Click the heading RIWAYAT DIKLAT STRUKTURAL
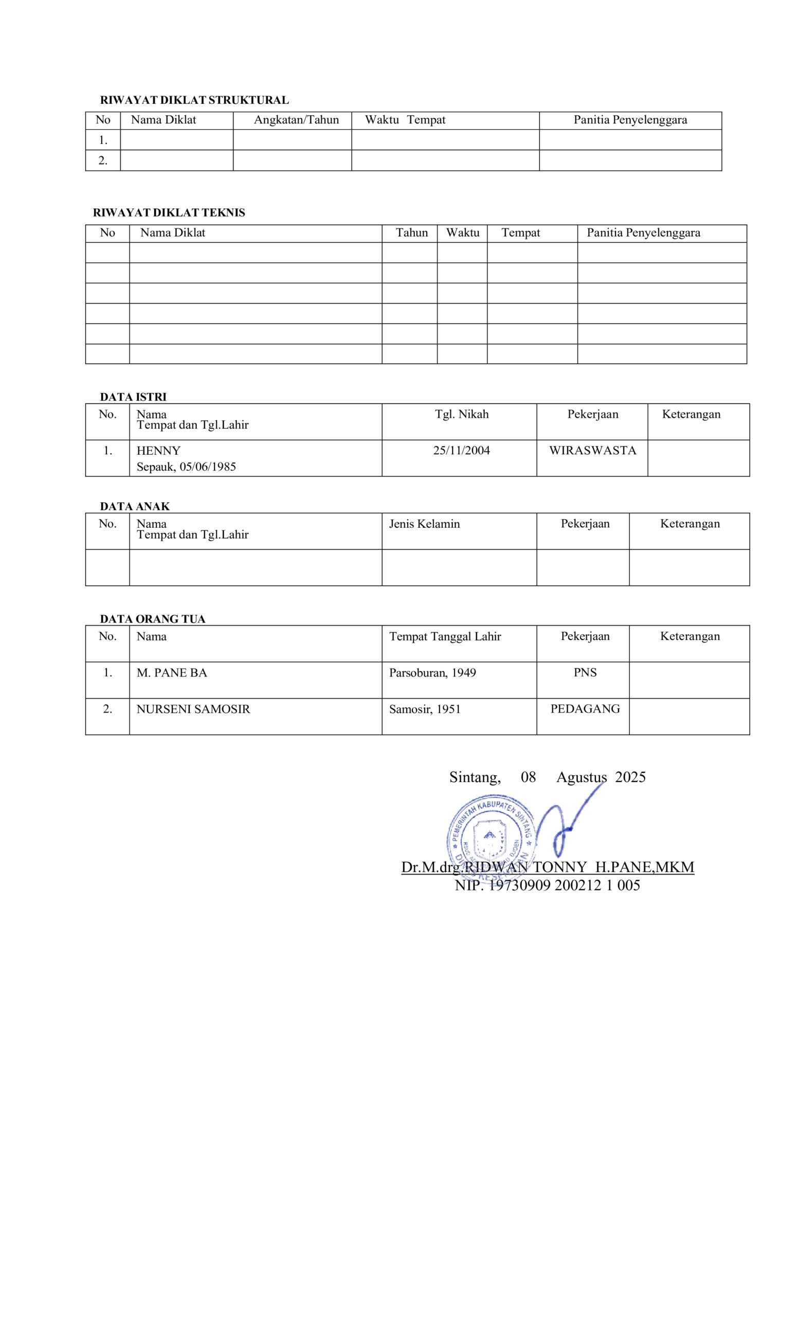194,100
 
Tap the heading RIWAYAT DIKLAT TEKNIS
169,213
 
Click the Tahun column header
411,233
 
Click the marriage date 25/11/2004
461,451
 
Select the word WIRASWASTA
592,451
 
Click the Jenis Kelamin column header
424,524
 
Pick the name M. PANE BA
171,673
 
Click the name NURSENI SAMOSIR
193,709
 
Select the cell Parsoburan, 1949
432,673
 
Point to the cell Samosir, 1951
425,709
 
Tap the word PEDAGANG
585,709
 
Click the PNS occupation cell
585,672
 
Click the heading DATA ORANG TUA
152,619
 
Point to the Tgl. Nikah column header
461,414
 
